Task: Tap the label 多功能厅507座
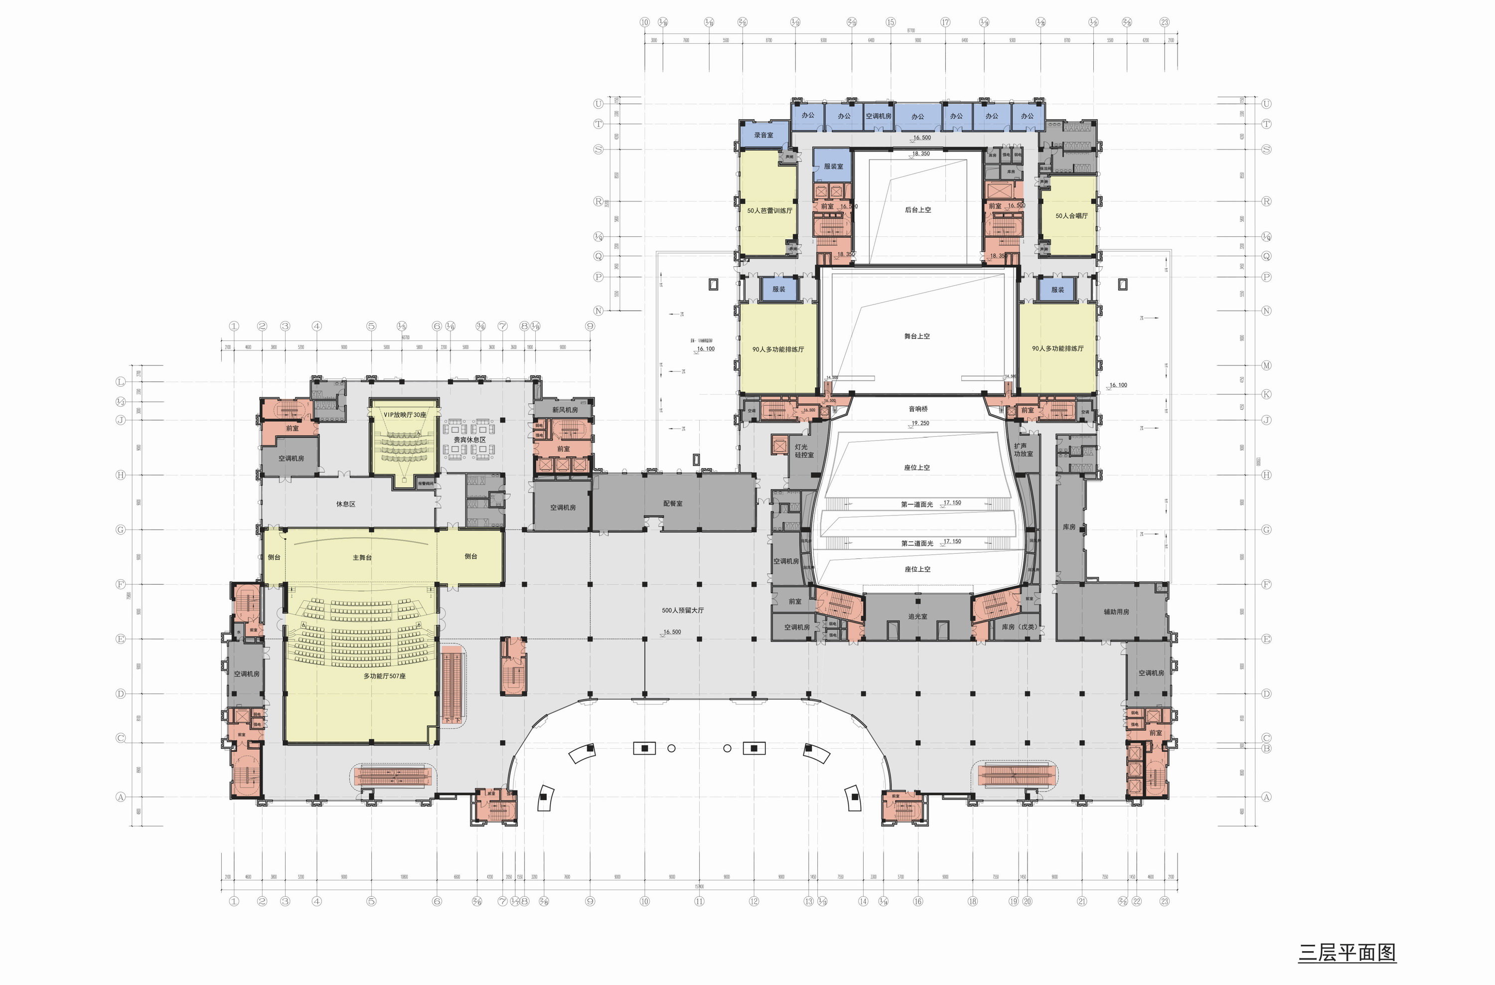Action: click(x=384, y=676)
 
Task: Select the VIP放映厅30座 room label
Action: click(x=405, y=415)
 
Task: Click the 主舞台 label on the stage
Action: click(x=362, y=557)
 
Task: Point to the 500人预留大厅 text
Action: click(x=682, y=610)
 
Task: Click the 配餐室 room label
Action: click(x=672, y=503)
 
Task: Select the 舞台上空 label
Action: click(x=916, y=336)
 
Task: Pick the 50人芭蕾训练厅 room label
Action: click(x=769, y=210)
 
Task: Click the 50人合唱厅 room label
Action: click(x=1071, y=215)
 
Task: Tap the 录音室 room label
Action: click(x=763, y=135)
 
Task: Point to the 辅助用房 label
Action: click(x=1116, y=611)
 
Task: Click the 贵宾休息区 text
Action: click(x=469, y=440)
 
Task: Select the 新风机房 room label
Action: click(x=564, y=410)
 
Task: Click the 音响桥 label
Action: click(x=918, y=409)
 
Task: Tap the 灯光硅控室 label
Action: click(x=803, y=451)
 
